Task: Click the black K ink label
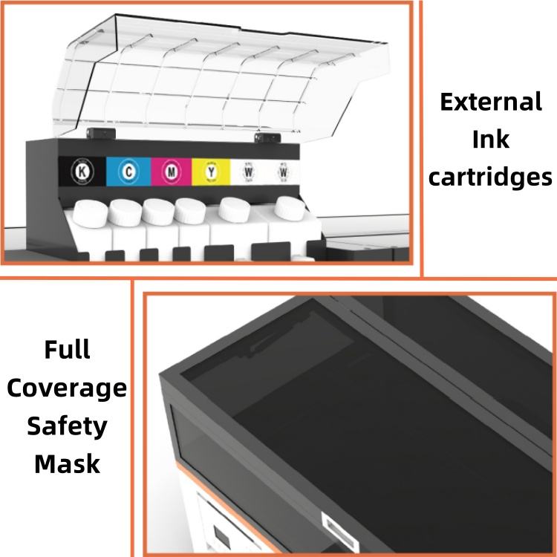pyautogui.click(x=82, y=172)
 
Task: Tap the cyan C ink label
pyautogui.click(x=128, y=172)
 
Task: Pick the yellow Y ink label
pyautogui.click(x=212, y=172)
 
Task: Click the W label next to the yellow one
pyautogui.click(x=249, y=172)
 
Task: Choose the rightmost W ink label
pyautogui.click(x=284, y=172)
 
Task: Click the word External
pyautogui.click(x=491, y=102)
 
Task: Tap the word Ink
pyautogui.click(x=491, y=139)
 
